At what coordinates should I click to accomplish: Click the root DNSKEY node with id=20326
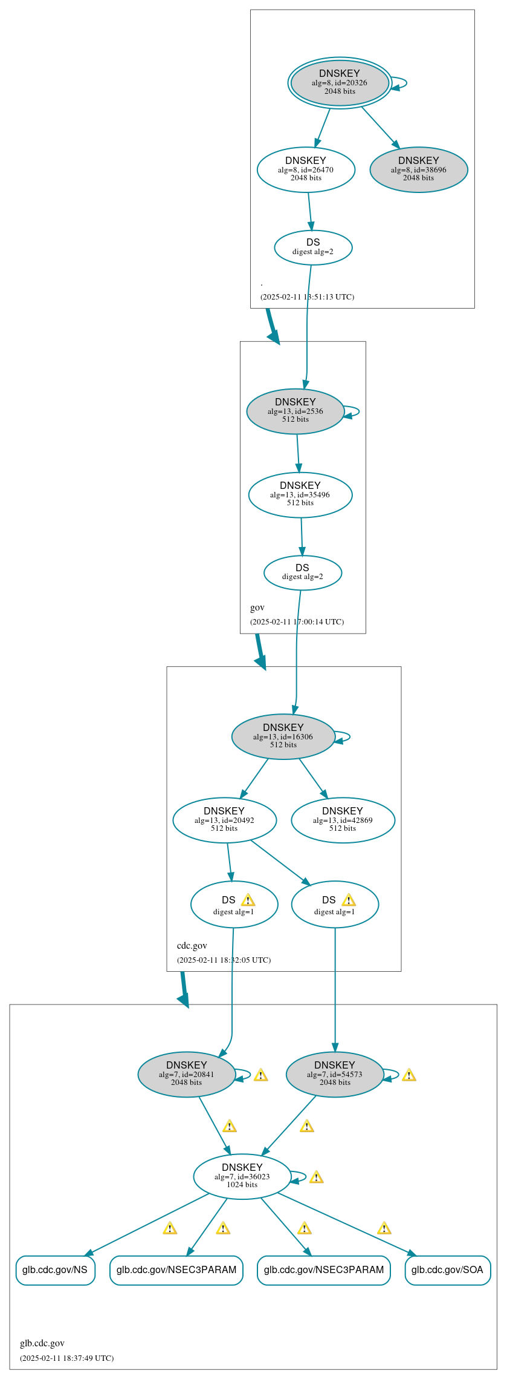click(x=339, y=82)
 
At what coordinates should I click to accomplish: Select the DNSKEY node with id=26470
click(x=306, y=169)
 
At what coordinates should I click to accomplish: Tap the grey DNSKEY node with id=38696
click(x=418, y=169)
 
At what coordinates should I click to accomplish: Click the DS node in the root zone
click(x=313, y=247)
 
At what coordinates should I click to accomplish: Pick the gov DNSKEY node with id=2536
click(x=295, y=411)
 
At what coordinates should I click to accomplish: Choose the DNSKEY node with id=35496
click(x=300, y=494)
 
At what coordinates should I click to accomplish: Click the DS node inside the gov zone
click(x=302, y=572)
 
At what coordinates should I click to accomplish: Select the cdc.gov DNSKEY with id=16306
click(x=283, y=736)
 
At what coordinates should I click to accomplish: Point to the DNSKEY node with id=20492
click(x=224, y=820)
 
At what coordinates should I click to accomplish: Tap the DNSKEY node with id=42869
click(x=343, y=820)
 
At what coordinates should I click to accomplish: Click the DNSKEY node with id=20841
click(x=186, y=1074)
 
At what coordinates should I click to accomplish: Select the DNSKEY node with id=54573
click(x=334, y=1074)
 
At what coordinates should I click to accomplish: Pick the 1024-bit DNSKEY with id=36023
click(x=242, y=1176)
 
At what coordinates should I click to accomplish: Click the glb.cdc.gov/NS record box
click(x=55, y=1269)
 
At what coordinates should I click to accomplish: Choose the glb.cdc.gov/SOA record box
click(x=447, y=1269)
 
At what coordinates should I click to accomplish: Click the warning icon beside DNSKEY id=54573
click(x=409, y=1075)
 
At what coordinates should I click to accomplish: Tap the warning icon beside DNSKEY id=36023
click(x=316, y=1177)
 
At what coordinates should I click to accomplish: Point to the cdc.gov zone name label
click(x=192, y=945)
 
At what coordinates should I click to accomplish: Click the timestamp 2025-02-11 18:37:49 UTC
click(x=66, y=1358)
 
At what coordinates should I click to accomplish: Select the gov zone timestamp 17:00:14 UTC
click(x=297, y=621)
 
